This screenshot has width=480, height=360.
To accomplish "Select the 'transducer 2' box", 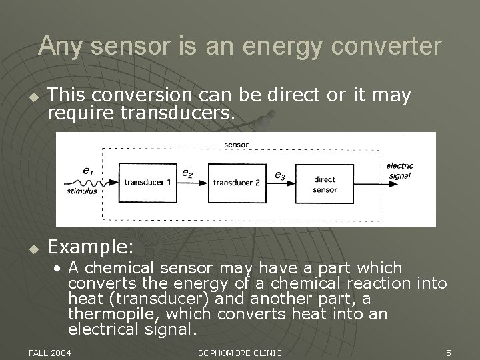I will point(237,182).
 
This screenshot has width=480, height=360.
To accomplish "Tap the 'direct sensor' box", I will point(325,185).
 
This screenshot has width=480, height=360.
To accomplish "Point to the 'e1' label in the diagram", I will point(87,171).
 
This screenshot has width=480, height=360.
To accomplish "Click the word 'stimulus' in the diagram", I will point(81,191).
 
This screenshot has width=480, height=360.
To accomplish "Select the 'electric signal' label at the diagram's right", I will point(399,171).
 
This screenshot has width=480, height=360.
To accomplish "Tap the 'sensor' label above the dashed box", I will point(237,143).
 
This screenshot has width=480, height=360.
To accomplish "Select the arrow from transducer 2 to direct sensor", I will point(282,182).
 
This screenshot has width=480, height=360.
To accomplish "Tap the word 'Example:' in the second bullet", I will point(92,247).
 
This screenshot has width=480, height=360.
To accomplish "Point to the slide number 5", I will point(449,351).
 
